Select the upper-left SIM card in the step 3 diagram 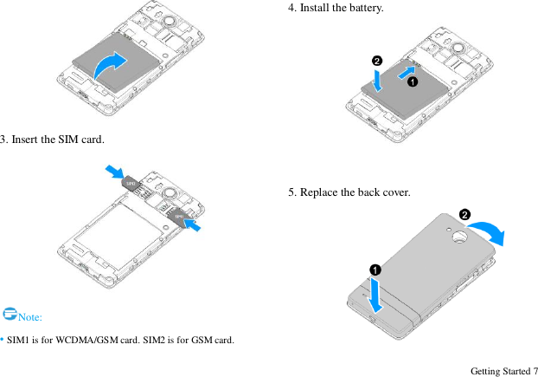pos(130,183)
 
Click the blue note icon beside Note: pos(9,313)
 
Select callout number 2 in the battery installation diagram pos(377,61)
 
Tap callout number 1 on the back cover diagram pos(375,270)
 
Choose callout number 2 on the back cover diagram pos(464,214)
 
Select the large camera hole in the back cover pos(458,236)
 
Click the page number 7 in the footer pos(534,371)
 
